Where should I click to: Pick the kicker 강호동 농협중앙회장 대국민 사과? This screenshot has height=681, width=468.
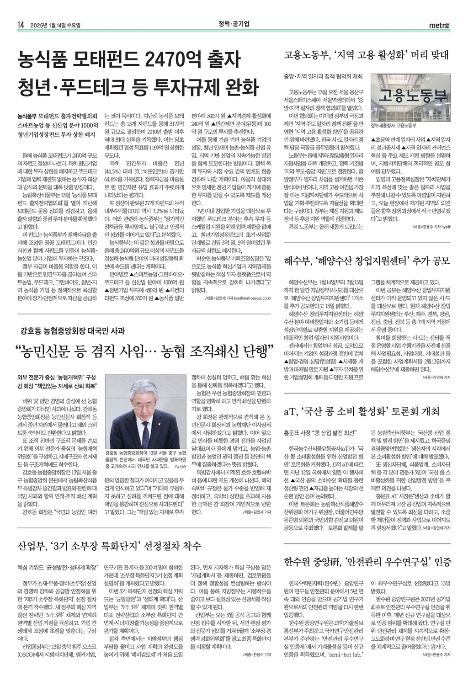tap(73, 330)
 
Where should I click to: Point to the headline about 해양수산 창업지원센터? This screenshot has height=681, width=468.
tap(367, 261)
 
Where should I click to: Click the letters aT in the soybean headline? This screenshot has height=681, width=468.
tap(290, 411)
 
